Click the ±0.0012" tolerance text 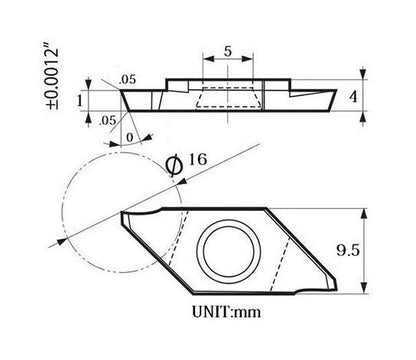coord(52,79)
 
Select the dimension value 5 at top coord(228,52)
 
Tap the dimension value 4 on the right coord(353,97)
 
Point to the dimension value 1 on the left coord(79,100)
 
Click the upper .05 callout coord(127,80)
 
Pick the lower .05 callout coord(108,120)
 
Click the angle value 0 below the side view coord(130,137)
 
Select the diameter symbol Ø coord(175,166)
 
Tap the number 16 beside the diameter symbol coord(198,159)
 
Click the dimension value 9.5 coord(348,250)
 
